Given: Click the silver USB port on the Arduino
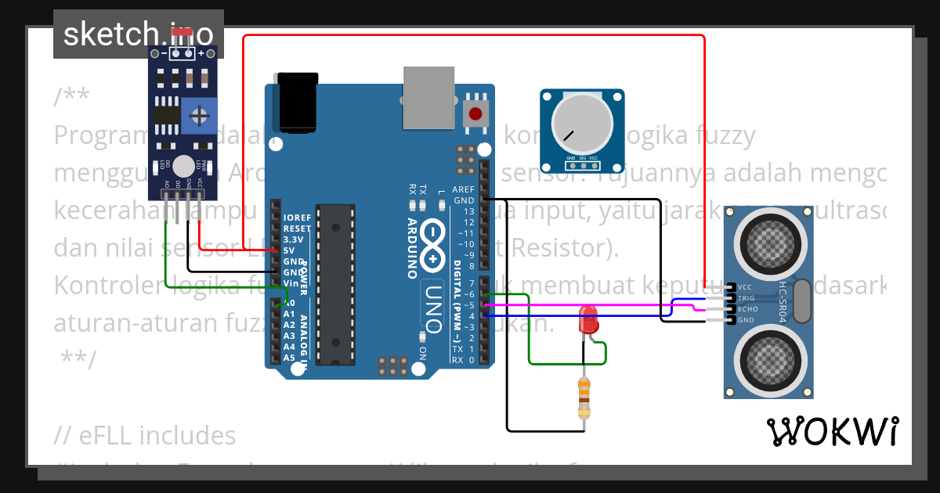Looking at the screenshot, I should click(x=428, y=96).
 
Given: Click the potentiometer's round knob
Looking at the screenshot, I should click(x=581, y=125).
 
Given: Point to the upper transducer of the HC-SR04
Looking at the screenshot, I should click(x=768, y=237).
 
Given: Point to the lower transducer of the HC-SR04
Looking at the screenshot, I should click(x=768, y=358).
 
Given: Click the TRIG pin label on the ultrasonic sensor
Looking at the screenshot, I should click(x=747, y=298).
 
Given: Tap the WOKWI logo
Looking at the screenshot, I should click(x=832, y=431).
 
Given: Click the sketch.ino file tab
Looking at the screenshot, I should click(x=138, y=34).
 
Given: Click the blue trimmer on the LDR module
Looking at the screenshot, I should click(x=199, y=116).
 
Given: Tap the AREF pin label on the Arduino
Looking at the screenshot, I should click(x=464, y=189).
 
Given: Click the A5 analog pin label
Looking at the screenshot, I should click(x=289, y=358).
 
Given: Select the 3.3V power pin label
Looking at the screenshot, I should click(x=294, y=239).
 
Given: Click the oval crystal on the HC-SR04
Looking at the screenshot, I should click(x=801, y=302).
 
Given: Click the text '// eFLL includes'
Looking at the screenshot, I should click(x=145, y=435).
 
